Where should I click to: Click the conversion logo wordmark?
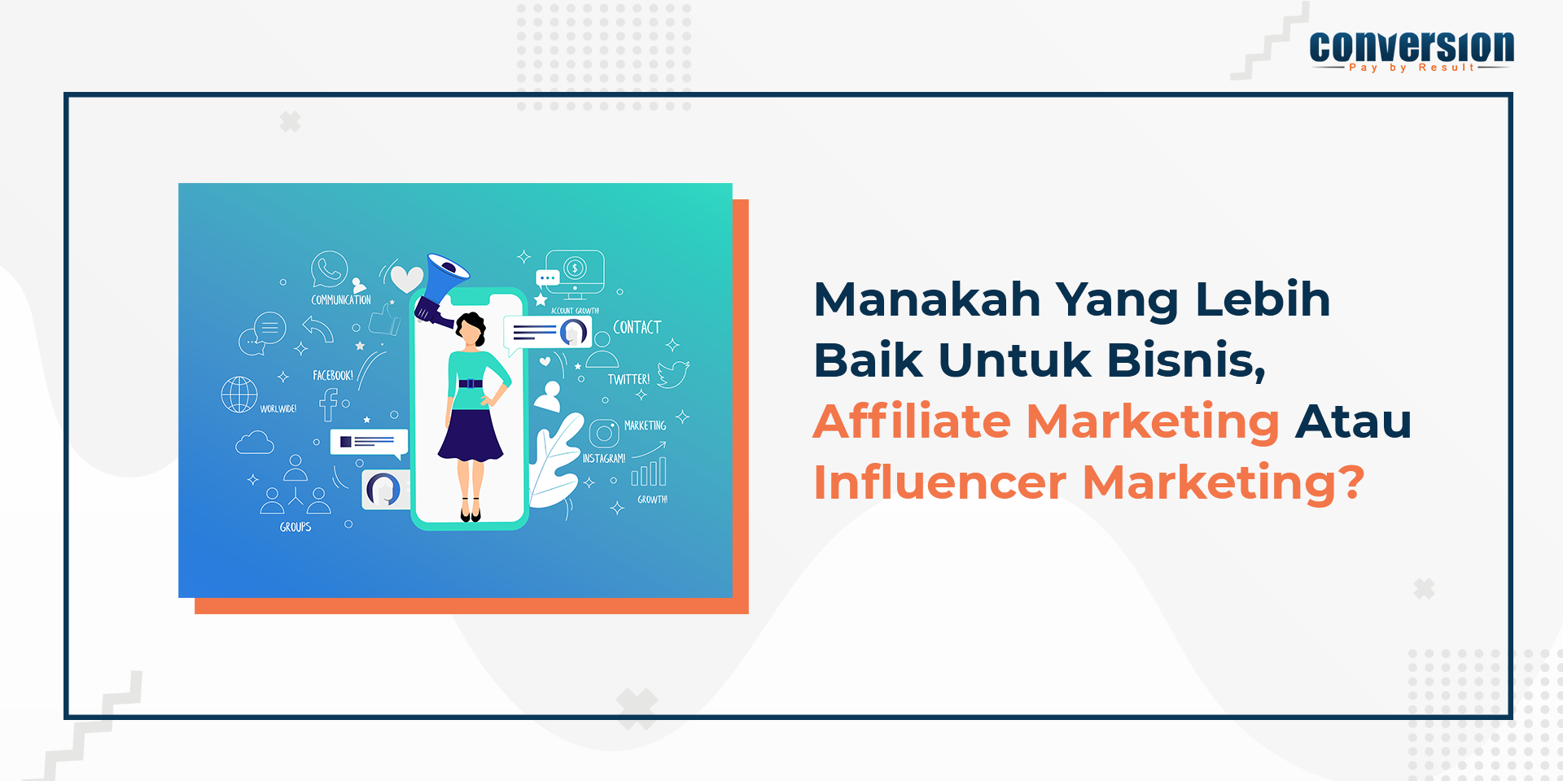tap(1412, 46)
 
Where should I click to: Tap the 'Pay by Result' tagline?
tap(1412, 68)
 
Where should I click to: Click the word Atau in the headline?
tap(1353, 421)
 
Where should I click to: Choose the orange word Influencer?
tap(940, 482)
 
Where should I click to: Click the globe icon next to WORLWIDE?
tap(239, 395)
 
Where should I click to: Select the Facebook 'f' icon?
tap(329, 404)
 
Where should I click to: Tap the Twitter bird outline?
tap(673, 374)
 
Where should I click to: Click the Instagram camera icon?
tap(604, 434)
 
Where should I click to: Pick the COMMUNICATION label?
tap(341, 300)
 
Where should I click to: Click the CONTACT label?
tap(637, 327)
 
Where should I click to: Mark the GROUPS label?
tap(296, 527)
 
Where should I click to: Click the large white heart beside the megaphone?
tap(406, 279)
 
